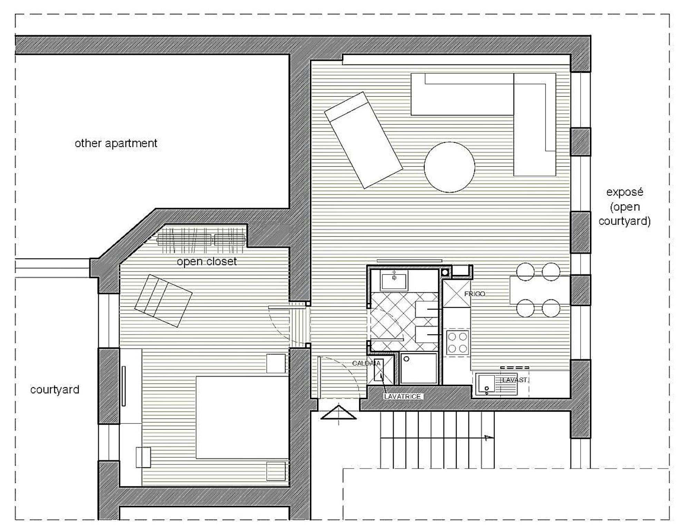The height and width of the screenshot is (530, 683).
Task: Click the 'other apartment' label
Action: pyautogui.click(x=116, y=143)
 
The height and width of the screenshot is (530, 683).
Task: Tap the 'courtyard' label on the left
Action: pyautogui.click(x=55, y=390)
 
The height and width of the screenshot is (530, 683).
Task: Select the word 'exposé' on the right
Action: pyautogui.click(x=625, y=192)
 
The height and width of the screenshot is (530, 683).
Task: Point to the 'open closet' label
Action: pyautogui.click(x=207, y=262)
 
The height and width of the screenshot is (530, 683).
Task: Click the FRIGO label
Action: pyautogui.click(x=475, y=294)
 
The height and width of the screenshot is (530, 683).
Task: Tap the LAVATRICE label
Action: pyautogui.click(x=402, y=396)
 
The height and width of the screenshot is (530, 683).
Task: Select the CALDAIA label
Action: pyautogui.click(x=366, y=363)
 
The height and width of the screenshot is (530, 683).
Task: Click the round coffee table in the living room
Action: pyautogui.click(x=449, y=167)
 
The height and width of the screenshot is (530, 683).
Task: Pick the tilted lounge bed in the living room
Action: pyautogui.click(x=364, y=140)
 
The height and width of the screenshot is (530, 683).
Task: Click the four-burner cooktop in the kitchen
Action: pyautogui.click(x=457, y=342)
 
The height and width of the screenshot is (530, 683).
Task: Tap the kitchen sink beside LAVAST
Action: pyautogui.click(x=486, y=384)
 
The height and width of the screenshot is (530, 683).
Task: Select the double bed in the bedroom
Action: pyautogui.click(x=242, y=417)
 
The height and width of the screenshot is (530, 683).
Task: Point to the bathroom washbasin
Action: pyautogui.click(x=394, y=280)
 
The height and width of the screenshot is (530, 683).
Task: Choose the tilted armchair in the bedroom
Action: pyautogui.click(x=163, y=301)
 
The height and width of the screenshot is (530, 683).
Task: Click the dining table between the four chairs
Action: pyautogui.click(x=540, y=290)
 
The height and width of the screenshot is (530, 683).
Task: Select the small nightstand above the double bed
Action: pyautogui.click(x=276, y=363)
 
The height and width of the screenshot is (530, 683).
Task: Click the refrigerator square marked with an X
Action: pyautogui.click(x=456, y=294)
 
